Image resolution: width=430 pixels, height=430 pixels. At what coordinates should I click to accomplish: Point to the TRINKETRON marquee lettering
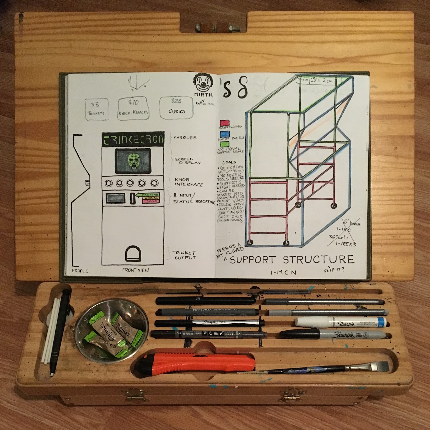tap(133, 139)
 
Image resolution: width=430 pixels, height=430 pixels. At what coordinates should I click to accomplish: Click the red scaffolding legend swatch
tap(224, 123)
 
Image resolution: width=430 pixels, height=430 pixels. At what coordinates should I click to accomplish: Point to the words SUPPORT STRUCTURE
tap(292, 260)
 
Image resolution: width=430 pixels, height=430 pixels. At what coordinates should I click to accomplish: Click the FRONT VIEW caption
tap(135, 270)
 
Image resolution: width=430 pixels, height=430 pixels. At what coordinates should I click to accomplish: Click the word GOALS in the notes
tap(229, 163)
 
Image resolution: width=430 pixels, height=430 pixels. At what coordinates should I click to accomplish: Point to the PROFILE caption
tap(80, 271)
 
